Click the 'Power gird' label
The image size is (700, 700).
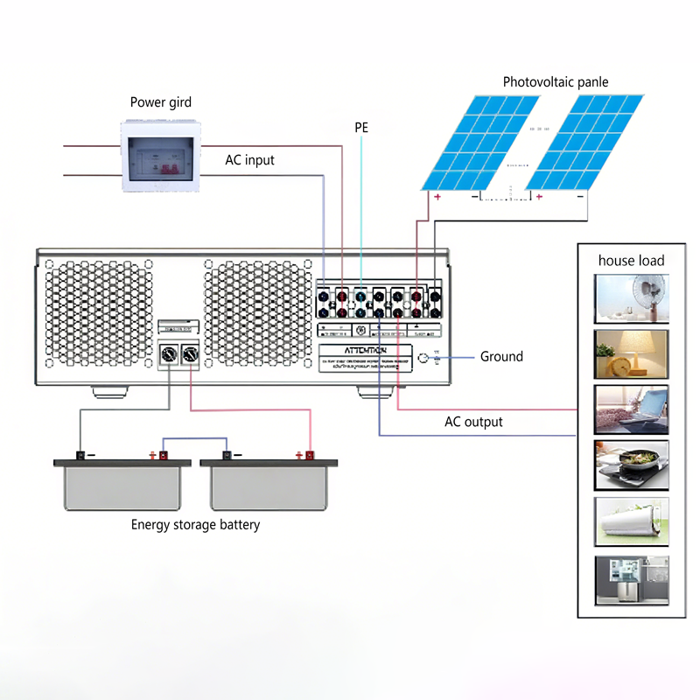pyautogui.click(x=160, y=102)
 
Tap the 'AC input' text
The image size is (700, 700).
pyautogui.click(x=249, y=159)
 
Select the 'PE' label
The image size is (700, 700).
pyautogui.click(x=361, y=128)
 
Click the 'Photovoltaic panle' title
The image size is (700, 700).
pyautogui.click(x=555, y=82)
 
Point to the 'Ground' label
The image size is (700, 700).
pyautogui.click(x=501, y=356)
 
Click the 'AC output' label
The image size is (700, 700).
pyautogui.click(x=473, y=422)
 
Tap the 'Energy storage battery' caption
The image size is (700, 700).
pyautogui.click(x=195, y=525)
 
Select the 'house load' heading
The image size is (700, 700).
pyautogui.click(x=631, y=260)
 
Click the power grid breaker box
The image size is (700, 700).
pyautogui.click(x=160, y=156)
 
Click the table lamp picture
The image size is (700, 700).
pyautogui.click(x=631, y=353)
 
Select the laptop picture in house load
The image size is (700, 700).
pyautogui.click(x=631, y=409)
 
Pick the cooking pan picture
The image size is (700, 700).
pyautogui.click(x=631, y=465)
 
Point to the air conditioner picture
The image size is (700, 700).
pyautogui.click(x=631, y=521)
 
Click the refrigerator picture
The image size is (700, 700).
pyautogui.click(x=631, y=578)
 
